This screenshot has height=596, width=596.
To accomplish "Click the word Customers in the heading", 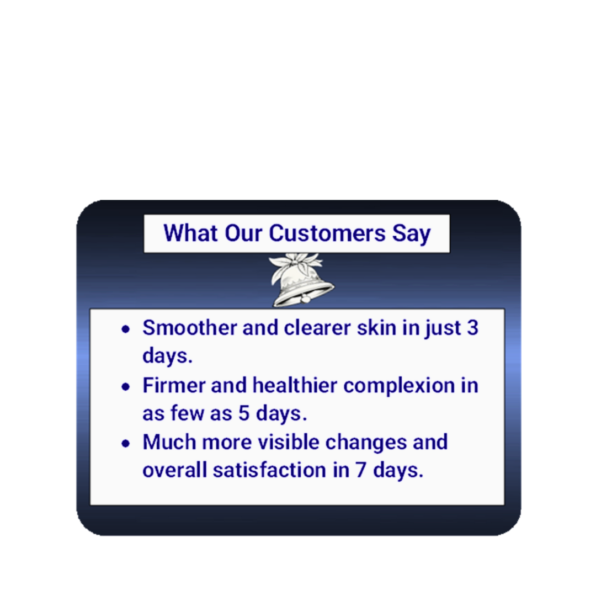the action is tap(327, 233).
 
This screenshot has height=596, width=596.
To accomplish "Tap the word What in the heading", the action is tap(191, 233).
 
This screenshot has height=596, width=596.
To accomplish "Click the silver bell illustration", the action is tap(301, 280).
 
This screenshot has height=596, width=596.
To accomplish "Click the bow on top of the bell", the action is tap(296, 262).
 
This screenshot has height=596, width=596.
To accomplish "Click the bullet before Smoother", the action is tap(126, 329).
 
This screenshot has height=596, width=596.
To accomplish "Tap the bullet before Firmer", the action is tap(126, 386).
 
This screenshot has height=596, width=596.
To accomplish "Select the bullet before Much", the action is tap(126, 444).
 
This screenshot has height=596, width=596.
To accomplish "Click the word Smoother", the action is tap(190, 327).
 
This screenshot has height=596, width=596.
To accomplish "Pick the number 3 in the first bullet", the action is tap(472, 327).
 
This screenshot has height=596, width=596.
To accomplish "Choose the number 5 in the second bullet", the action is tap(244, 413).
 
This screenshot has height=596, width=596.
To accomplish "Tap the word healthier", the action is tap(295, 385).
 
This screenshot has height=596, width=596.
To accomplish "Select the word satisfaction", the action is tap(269, 470).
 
